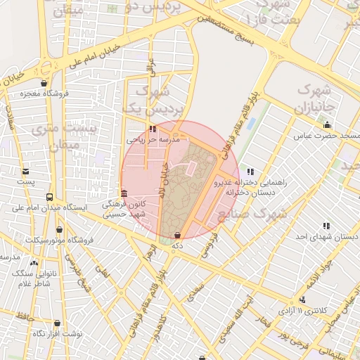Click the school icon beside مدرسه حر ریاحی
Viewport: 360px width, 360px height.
pos(153,129)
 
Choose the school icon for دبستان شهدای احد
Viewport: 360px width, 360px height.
pos(326,226)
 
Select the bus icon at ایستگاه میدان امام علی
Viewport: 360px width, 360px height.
pos(49,197)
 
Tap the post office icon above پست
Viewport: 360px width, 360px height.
pos(26,171)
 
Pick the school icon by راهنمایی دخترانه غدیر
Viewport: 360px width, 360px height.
pos(250,171)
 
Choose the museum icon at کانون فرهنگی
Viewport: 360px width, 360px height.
pos(124,193)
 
